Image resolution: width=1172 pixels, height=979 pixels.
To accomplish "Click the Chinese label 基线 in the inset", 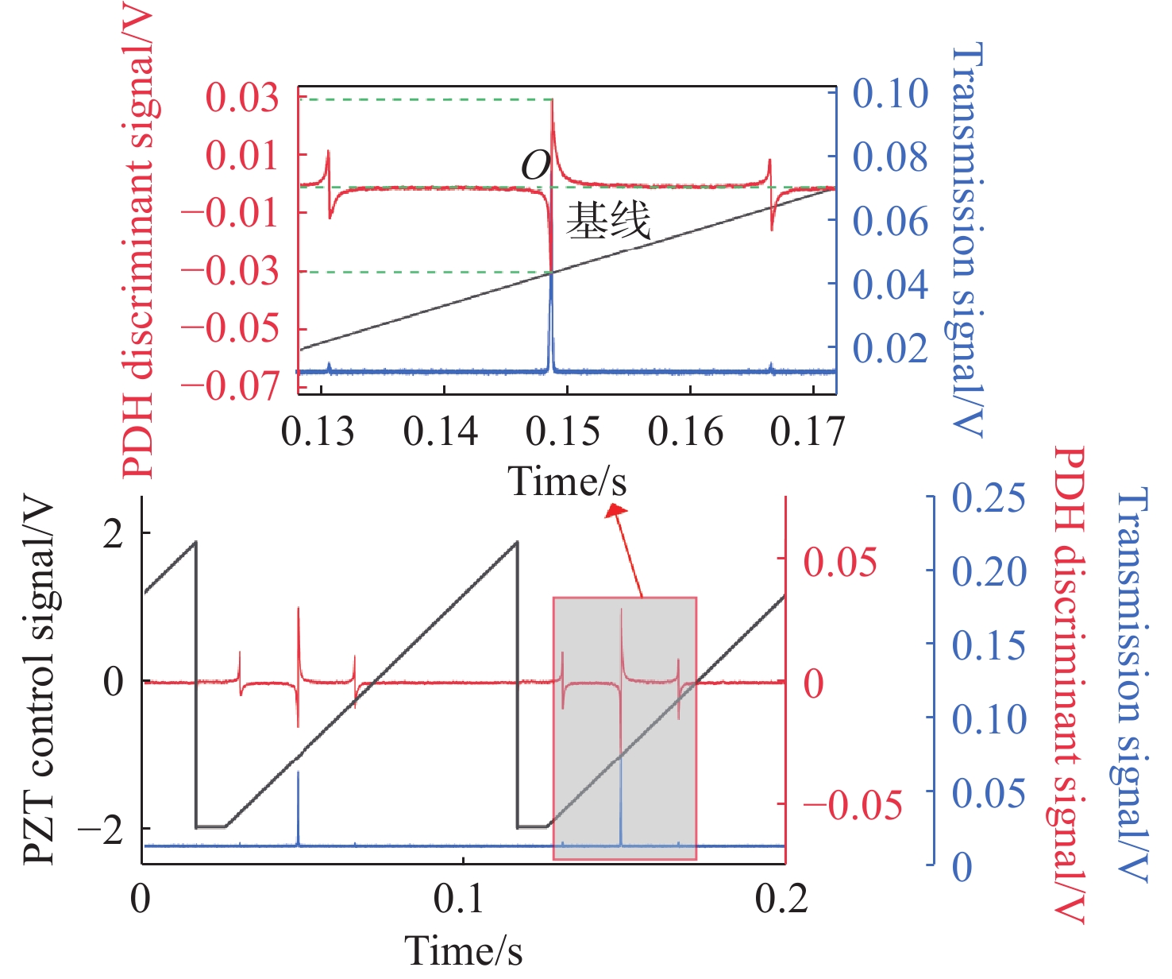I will point(608,220).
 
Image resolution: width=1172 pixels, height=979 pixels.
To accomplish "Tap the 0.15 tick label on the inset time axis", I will point(563,431).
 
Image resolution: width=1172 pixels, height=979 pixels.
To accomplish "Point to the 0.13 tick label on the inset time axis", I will point(318,431).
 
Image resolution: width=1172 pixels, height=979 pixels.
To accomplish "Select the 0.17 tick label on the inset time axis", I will point(808,431).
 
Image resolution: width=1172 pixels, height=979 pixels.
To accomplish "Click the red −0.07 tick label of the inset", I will point(231,386).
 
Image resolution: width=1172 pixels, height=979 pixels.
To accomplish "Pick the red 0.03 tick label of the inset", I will point(243,98).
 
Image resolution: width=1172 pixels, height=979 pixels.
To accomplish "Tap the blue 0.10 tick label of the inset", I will point(890,94).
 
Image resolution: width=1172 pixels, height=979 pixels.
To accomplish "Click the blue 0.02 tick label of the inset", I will point(890,348).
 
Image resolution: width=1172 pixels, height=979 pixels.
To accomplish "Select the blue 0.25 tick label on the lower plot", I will point(989,499).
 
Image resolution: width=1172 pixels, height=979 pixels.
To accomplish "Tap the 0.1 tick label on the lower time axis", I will point(460,898).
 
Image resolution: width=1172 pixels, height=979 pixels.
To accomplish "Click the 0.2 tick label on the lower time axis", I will point(782,898).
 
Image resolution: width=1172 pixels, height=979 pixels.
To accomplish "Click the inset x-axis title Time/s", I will point(567,482).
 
